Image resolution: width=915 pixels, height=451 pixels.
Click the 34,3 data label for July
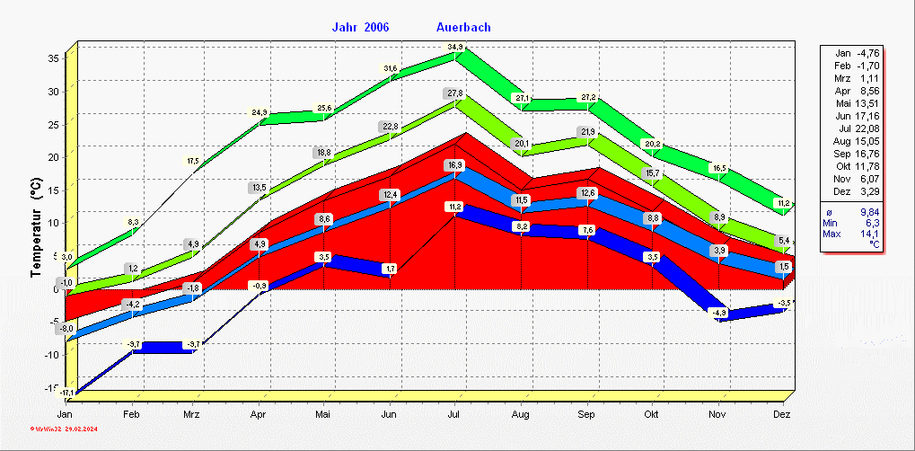coord(455,48)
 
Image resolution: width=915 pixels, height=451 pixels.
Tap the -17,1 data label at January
coord(66,394)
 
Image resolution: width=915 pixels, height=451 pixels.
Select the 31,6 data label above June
coord(390,68)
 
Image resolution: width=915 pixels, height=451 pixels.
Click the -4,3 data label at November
coord(718,313)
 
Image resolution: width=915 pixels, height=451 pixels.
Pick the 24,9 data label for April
coord(260,113)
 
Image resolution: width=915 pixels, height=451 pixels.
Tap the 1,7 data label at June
coord(390,269)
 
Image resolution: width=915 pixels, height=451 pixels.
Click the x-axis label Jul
coord(455,414)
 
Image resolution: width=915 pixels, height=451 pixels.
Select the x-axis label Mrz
coord(191,414)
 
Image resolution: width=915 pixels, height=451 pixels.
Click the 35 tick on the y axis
coord(53,58)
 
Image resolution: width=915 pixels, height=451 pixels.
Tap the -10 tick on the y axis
coord(51,355)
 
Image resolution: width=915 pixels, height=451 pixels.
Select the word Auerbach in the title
coord(463,27)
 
